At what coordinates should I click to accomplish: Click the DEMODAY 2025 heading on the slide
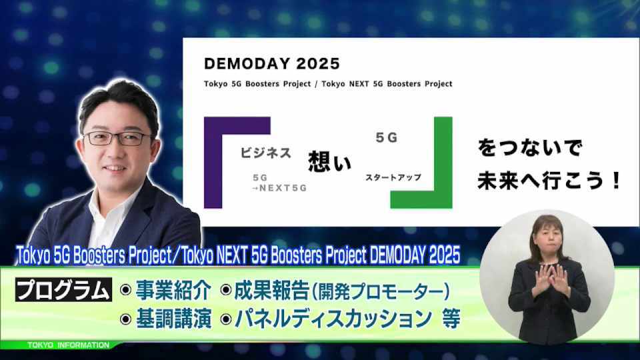[x=272, y=64]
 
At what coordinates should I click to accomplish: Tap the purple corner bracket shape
[x=213, y=163]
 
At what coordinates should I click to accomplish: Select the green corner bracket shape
[x=443, y=163]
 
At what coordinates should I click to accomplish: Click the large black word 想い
[x=330, y=161]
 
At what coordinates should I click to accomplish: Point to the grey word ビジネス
[x=266, y=153]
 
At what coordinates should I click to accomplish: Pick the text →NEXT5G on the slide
[x=279, y=188]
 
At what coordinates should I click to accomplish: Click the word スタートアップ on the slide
[x=393, y=177]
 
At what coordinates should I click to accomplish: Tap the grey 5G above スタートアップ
[x=387, y=137]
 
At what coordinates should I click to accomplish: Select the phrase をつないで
[x=529, y=147]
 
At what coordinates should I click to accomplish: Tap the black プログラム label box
[x=64, y=290]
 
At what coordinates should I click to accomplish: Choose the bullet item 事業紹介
[x=174, y=290]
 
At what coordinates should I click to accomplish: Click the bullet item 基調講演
[x=174, y=319]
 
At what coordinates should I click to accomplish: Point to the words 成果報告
[x=272, y=290]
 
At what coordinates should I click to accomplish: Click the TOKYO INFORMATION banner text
[x=68, y=345]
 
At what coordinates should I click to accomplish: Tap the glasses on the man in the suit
[x=117, y=139]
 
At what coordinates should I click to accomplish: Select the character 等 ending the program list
[x=451, y=319]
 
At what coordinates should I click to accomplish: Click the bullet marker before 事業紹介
[x=126, y=290]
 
